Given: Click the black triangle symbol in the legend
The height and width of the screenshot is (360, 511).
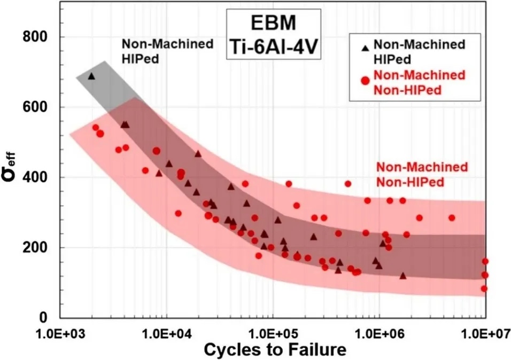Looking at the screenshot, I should (x=365, y=49).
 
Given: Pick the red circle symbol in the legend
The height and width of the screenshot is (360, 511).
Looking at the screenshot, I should (x=366, y=81).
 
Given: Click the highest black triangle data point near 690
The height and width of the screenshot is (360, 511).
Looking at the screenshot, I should (x=91, y=76).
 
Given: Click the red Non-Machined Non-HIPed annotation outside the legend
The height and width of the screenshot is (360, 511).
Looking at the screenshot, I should (x=422, y=175).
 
